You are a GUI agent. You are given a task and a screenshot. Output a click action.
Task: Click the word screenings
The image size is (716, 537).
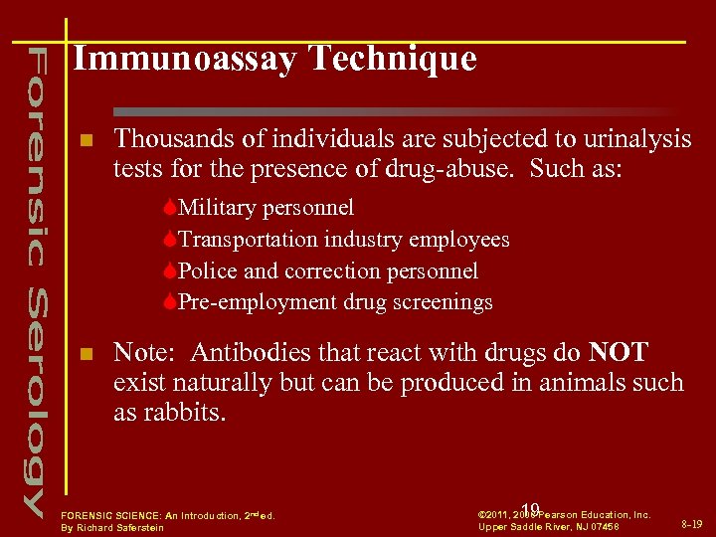(x=446, y=301)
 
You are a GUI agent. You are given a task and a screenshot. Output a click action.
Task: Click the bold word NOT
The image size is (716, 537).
(x=618, y=353)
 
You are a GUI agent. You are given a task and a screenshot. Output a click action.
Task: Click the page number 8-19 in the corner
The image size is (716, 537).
(x=691, y=522)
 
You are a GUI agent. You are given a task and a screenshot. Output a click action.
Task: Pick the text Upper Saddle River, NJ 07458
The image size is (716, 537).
(x=549, y=526)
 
